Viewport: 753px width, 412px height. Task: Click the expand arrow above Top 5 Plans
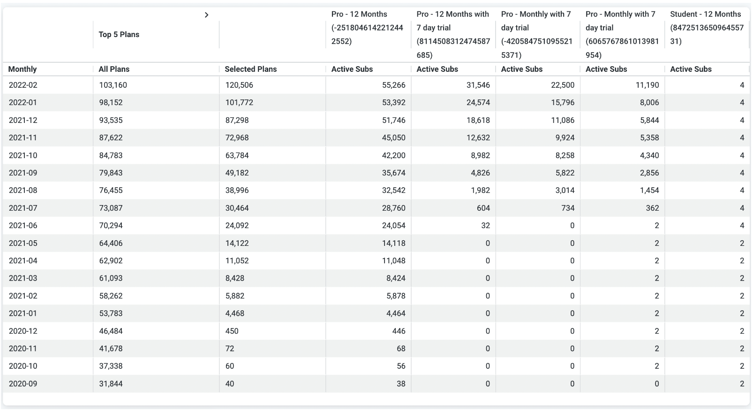pos(206,15)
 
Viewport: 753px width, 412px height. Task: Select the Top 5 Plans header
pos(119,34)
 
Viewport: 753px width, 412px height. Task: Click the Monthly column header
pos(23,69)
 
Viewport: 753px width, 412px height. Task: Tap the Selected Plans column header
pos(250,69)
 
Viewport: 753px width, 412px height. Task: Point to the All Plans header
pos(114,69)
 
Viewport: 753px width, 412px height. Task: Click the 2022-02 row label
pos(23,85)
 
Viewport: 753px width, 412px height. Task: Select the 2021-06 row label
pos(23,225)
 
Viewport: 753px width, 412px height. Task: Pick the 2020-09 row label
pos(23,383)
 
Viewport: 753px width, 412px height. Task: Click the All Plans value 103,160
pos(113,85)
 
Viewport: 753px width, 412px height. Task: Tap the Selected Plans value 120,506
pos(239,85)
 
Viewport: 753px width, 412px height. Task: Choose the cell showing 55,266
pos(393,85)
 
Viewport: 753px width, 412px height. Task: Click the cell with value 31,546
pos(478,85)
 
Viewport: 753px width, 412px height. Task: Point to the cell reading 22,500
pos(562,85)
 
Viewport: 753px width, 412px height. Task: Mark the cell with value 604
pos(483,208)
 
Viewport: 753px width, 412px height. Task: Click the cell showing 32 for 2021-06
pos(485,225)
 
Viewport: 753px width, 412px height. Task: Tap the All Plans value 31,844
pos(111,383)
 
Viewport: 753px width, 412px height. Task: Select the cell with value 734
pos(568,208)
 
